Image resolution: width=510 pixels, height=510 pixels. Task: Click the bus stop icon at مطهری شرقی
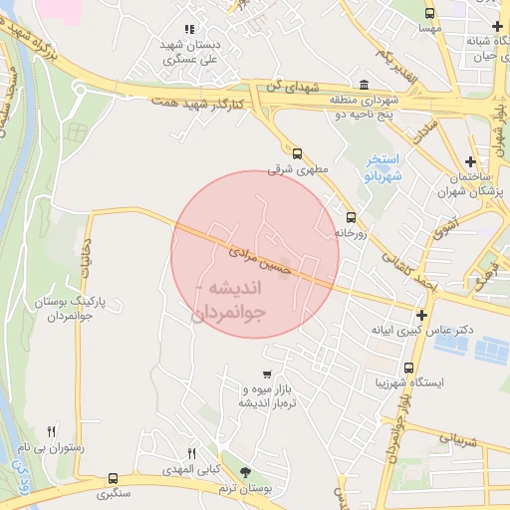(298, 153)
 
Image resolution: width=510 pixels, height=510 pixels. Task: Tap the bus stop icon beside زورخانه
(350, 217)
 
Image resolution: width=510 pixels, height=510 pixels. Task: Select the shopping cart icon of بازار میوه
(264, 375)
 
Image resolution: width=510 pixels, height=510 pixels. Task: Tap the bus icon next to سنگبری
(113, 478)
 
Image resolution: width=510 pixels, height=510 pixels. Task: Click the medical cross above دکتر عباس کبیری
(421, 315)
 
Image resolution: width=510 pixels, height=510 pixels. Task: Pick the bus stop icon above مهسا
(429, 14)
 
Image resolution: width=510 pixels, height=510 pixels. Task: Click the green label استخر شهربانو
(382, 165)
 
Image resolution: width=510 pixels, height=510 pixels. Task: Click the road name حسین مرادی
(261, 260)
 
